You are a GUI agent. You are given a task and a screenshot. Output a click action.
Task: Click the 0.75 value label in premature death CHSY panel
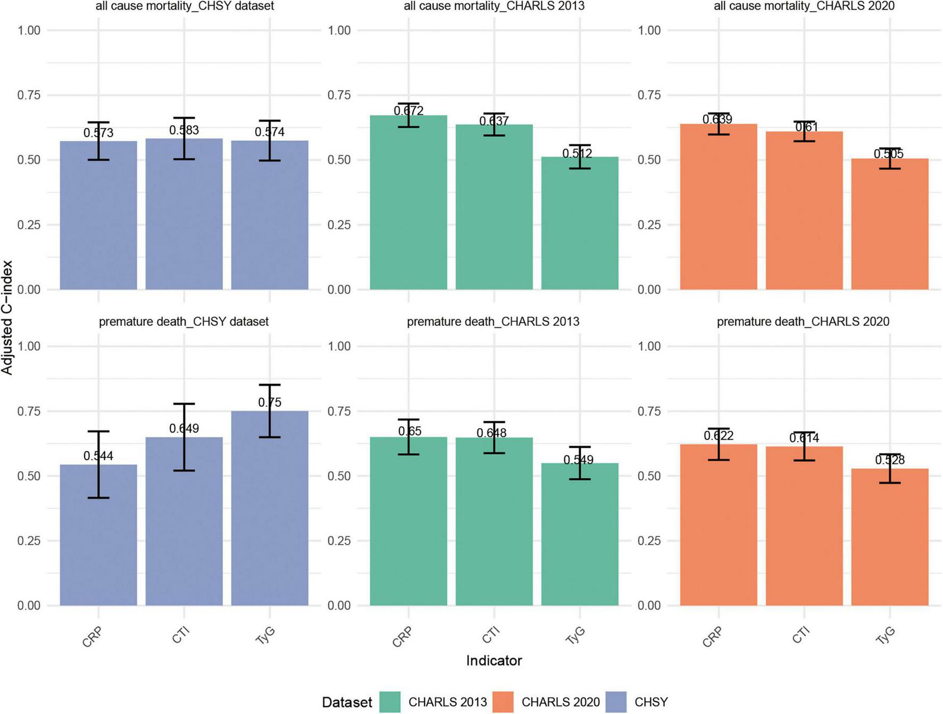[x=270, y=403]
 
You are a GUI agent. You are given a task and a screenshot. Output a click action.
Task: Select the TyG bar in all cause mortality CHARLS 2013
[x=580, y=224]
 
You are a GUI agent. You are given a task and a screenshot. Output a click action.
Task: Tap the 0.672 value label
[x=409, y=111]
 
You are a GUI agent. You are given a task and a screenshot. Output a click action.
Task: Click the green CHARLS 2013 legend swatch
[x=390, y=702]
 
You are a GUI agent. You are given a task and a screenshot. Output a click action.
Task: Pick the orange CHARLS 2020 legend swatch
[x=503, y=702]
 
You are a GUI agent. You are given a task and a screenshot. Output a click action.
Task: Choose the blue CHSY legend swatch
[x=616, y=702]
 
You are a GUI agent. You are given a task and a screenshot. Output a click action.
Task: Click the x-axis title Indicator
[x=494, y=661]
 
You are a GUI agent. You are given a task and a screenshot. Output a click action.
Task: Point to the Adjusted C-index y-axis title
[x=7, y=317]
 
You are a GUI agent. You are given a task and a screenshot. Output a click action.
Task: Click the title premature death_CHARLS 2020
[x=803, y=322]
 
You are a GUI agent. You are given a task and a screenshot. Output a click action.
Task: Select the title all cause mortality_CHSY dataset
[x=185, y=6]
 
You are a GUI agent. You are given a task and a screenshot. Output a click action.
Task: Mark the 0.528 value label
[x=890, y=460]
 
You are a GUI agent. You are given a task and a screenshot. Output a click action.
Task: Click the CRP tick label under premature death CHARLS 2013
[x=402, y=637]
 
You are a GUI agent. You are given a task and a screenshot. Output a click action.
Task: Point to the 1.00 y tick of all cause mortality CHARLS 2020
[x=649, y=30]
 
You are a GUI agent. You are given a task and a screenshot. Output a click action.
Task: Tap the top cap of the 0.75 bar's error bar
[x=270, y=384]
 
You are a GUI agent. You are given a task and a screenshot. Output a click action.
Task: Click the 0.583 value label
[x=184, y=130]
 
